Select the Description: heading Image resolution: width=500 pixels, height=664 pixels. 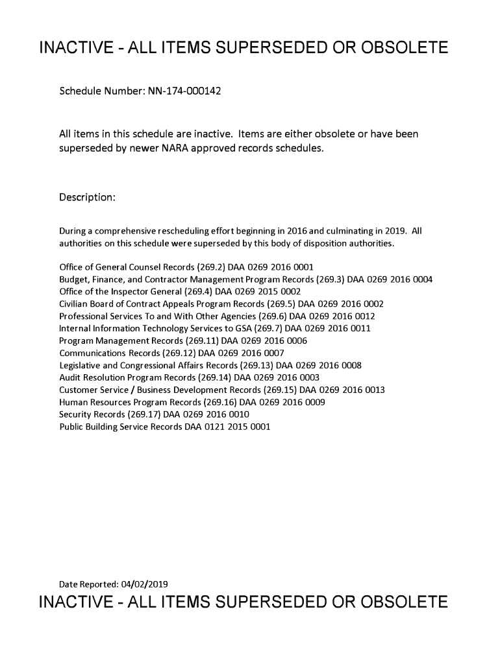[87, 197]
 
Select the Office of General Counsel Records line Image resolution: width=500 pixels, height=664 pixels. [186, 267]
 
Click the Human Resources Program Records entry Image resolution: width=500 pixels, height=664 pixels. [192, 403]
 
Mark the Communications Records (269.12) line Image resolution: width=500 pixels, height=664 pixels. [171, 353]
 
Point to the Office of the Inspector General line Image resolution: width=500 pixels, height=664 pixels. [180, 292]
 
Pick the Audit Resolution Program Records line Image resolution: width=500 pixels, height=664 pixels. [189, 378]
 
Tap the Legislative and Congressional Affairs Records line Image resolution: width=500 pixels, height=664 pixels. [210, 366]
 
